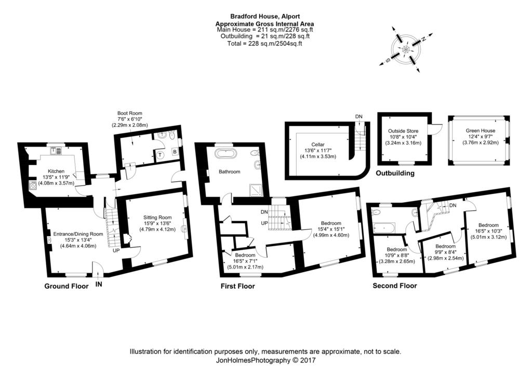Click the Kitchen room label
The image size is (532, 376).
pos(56,171)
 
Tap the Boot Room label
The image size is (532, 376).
pos(129,113)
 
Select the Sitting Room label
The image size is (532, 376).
pos(157,217)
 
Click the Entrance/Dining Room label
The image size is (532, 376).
pos(78,234)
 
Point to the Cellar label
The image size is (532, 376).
pos(318,144)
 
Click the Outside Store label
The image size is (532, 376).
pos(403,131)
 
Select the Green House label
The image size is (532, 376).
pos(481,130)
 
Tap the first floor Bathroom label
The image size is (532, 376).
pos(229,171)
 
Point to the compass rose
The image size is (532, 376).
pos(406,49)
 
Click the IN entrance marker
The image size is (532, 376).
pos(98,284)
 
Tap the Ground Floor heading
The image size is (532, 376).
pos(66,286)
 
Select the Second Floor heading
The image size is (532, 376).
pos(395,286)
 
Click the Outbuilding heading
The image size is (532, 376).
pos(395,173)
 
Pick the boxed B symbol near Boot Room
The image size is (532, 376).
pos(175,152)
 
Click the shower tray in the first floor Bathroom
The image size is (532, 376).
pos(256,190)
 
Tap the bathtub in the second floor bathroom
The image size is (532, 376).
pos(384,228)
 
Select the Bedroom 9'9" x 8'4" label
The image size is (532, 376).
pos(445,246)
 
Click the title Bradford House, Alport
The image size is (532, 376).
pos(265,16)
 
